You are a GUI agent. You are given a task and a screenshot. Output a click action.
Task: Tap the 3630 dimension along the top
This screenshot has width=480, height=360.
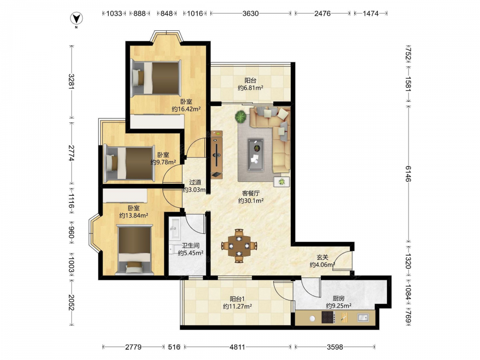pyautogui.click(x=251, y=13)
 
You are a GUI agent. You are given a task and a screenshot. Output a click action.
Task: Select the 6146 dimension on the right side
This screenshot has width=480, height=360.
pyautogui.click(x=408, y=174)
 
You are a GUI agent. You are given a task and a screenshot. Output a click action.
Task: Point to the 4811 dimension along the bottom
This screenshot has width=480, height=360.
pyautogui.click(x=237, y=347)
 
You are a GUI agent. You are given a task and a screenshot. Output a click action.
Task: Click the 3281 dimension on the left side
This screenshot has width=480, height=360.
pyautogui.click(x=72, y=82)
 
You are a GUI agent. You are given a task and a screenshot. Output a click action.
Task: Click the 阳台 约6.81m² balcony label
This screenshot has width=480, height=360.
pyautogui.click(x=251, y=84)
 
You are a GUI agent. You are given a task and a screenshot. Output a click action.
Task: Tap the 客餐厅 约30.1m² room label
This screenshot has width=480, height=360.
pyautogui.click(x=251, y=197)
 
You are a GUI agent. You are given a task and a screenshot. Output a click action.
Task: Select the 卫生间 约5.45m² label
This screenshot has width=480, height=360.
pyautogui.click(x=191, y=250)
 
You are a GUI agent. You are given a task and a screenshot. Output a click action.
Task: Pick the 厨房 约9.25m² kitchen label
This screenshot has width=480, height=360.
pyautogui.click(x=338, y=302)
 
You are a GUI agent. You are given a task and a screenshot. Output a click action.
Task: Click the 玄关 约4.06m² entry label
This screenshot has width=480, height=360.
pyautogui.click(x=323, y=261)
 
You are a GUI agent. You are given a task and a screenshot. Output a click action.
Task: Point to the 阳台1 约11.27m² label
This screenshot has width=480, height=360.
pyautogui.click(x=237, y=302)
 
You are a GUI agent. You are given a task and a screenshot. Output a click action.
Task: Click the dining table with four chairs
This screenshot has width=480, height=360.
pyautogui.click(x=239, y=245)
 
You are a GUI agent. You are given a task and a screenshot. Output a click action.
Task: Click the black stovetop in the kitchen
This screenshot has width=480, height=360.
pyautogui.click(x=328, y=317)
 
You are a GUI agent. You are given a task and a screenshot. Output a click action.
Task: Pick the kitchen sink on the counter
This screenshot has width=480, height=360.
pyautogui.click(x=363, y=318)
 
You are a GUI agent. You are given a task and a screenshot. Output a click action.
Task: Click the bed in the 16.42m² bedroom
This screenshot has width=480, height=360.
pyautogui.click(x=156, y=78)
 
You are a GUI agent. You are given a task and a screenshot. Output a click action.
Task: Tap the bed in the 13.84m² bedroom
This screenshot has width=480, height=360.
pyautogui.click(x=135, y=250)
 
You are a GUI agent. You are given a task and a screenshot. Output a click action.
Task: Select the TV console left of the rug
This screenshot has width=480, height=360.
pyautogui.click(x=217, y=154)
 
